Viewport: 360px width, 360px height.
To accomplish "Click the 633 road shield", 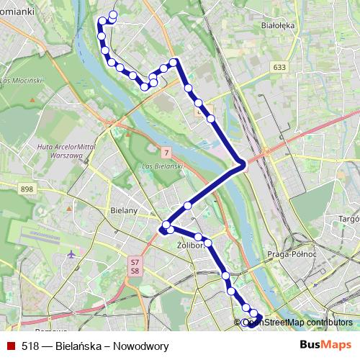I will (279, 67).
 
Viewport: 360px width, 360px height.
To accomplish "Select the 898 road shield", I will (27, 189).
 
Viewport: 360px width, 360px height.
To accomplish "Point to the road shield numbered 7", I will (166, 153).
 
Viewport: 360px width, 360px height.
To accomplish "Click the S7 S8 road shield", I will (134, 266).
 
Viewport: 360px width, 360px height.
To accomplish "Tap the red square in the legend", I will (11, 346).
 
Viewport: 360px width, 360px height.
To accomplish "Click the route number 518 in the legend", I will (30, 346).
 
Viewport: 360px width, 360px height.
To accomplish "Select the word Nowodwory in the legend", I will (143, 346).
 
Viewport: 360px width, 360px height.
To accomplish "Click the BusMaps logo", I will (325, 345).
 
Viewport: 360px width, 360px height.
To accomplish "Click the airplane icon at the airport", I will (71, 255).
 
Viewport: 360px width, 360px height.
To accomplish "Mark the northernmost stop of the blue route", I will (113, 15).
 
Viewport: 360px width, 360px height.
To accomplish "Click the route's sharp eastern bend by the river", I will (243, 164).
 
